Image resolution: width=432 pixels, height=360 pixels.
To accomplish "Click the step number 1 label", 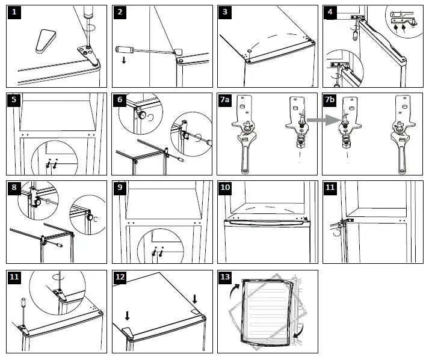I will click(x=14, y=13).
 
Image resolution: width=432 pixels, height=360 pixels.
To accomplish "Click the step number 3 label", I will click(x=225, y=13).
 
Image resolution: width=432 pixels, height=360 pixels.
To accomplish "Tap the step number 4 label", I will click(x=330, y=13).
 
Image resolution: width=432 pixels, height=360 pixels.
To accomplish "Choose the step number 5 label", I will click(x=14, y=100).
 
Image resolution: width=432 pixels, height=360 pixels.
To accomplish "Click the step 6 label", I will click(x=120, y=100).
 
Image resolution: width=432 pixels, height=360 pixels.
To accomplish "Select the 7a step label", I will click(x=226, y=100).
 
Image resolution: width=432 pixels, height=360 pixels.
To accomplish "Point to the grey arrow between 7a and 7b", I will click(x=313, y=120).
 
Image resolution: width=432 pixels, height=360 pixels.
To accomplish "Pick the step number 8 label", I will click(x=14, y=188).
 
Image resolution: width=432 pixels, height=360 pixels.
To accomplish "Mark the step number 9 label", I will click(x=120, y=188).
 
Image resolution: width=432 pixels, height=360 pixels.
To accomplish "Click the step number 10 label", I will click(x=225, y=188).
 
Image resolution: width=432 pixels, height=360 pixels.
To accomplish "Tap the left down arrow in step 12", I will click(x=128, y=315).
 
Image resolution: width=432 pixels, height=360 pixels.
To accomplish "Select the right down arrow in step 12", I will click(x=195, y=299).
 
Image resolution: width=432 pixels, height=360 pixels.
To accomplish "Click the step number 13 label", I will click(x=225, y=277).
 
